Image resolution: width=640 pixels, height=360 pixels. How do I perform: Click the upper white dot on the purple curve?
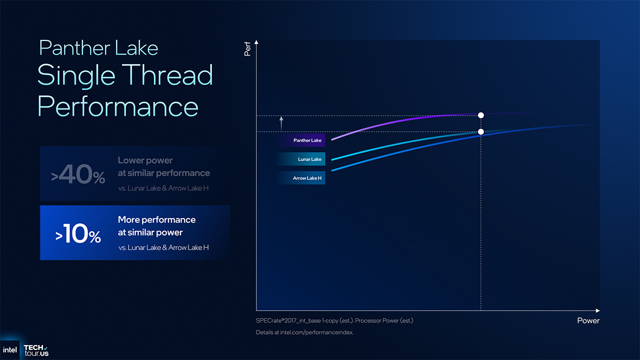tap(481, 115)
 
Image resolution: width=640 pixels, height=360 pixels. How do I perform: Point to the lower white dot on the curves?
tap(481, 132)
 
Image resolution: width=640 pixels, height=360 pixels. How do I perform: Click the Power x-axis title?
tap(588, 320)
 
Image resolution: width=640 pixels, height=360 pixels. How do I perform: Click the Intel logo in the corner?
tap(10, 349)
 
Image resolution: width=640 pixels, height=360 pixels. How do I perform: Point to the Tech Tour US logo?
tap(36, 350)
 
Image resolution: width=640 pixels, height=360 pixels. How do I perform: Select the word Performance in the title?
tap(118, 106)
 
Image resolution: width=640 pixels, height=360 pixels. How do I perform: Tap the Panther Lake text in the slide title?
tap(98, 48)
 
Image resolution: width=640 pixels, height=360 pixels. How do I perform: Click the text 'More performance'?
tap(156, 220)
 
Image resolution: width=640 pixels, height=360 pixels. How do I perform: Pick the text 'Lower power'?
tap(145, 160)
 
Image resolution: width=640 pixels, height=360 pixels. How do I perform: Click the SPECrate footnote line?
tap(334, 320)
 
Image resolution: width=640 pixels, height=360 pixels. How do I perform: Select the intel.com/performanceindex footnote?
tap(304, 332)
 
